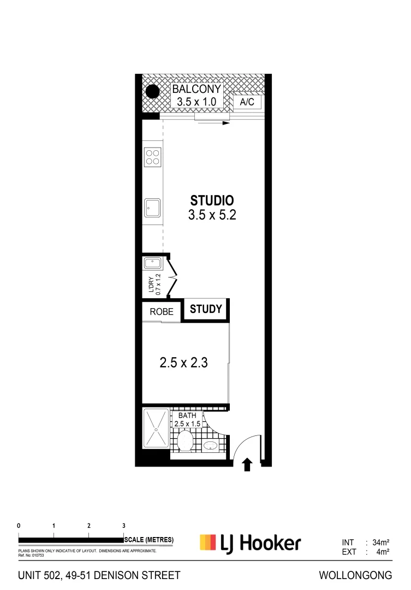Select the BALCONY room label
(197, 90)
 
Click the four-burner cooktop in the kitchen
(152, 157)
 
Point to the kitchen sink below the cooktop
(152, 207)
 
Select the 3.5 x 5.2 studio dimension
(212, 215)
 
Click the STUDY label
(206, 309)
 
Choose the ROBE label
(162, 312)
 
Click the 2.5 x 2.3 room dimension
(183, 362)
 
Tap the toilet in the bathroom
(186, 440)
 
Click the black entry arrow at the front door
(247, 464)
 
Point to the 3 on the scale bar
(123, 525)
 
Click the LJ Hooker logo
(251, 543)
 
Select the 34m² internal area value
(380, 542)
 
